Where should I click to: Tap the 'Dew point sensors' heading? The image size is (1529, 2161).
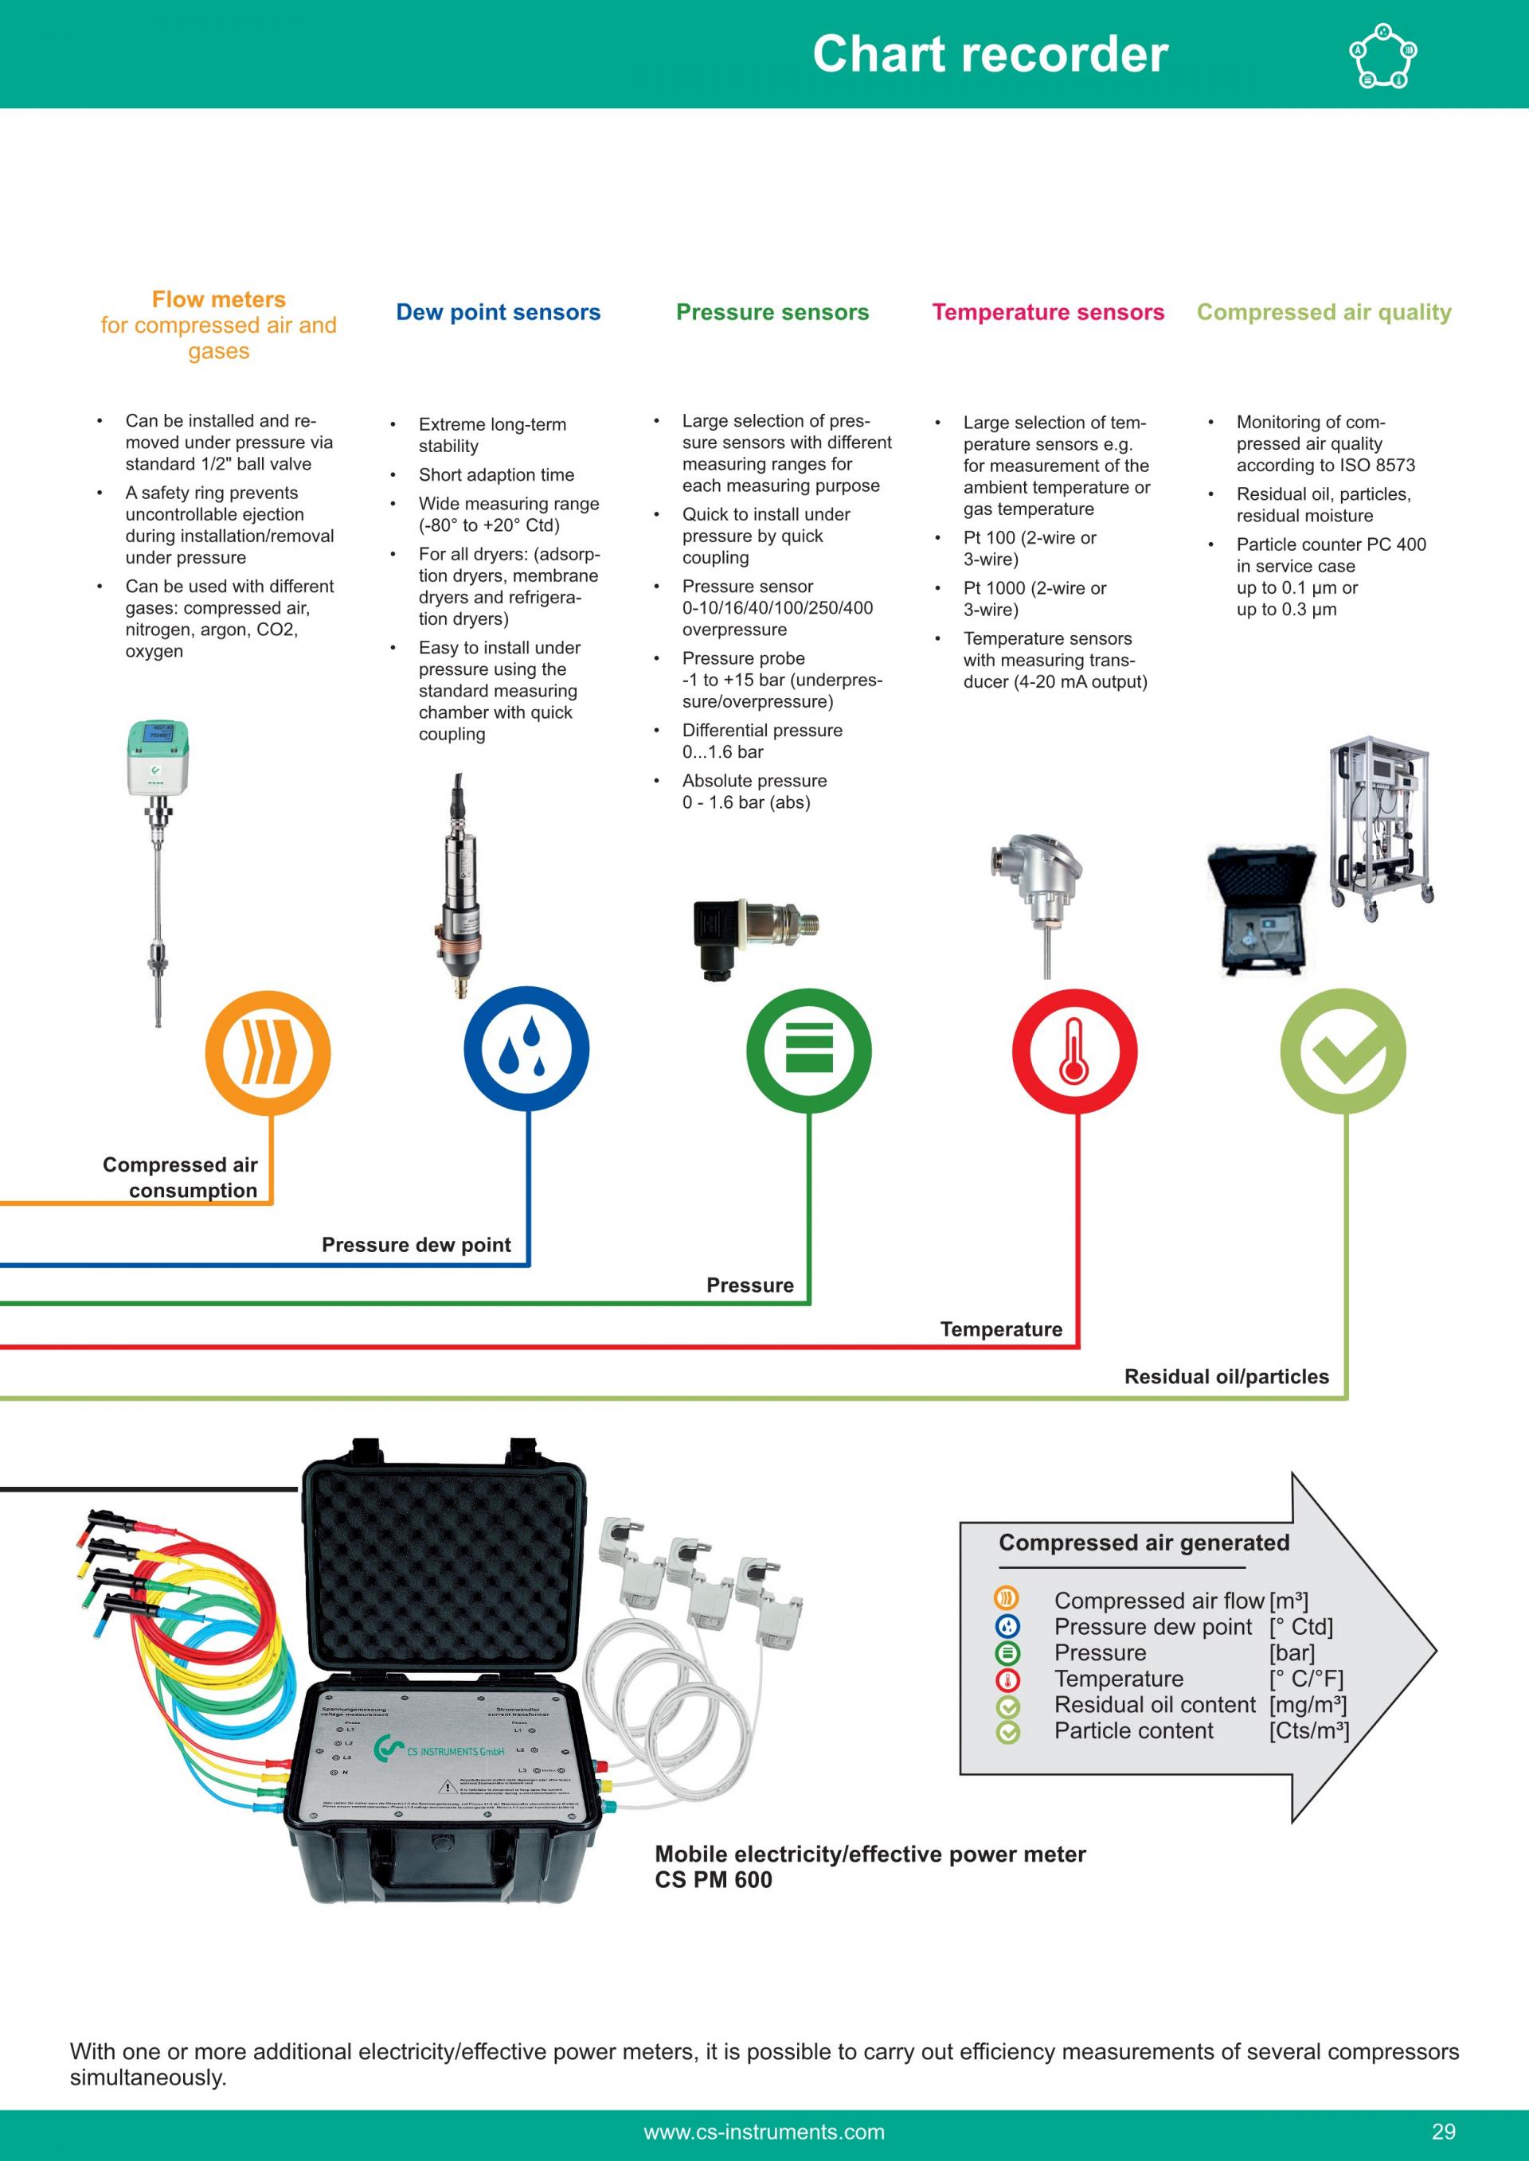[x=498, y=313]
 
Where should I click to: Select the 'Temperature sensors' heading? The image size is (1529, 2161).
[x=1048, y=313]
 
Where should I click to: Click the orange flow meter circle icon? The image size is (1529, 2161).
[x=268, y=1051]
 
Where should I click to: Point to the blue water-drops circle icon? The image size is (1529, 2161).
[x=526, y=1049]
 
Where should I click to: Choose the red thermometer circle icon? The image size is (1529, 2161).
[x=1074, y=1051]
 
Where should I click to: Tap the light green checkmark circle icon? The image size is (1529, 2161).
[x=1343, y=1051]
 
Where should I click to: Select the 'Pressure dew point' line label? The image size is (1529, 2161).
[x=416, y=1245]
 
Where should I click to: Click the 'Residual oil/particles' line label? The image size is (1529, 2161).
[x=1226, y=1377]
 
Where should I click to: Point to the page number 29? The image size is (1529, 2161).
[x=1443, y=2132]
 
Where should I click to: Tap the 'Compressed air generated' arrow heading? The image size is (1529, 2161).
[x=1144, y=1543]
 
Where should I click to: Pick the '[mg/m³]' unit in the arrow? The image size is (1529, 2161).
[x=1308, y=1704]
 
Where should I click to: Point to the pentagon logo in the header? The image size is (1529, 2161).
[x=1383, y=56]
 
